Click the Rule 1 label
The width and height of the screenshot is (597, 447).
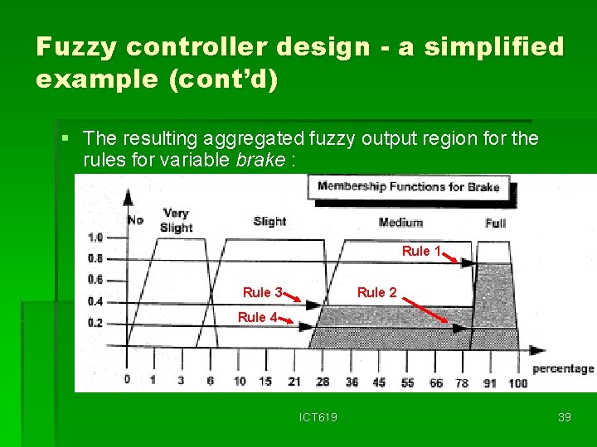[x=421, y=251]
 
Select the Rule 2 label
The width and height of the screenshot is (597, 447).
[x=376, y=292]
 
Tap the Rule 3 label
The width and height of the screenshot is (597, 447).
[x=262, y=292]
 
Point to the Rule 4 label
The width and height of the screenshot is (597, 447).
[x=257, y=317]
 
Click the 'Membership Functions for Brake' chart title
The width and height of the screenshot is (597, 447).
[x=409, y=187]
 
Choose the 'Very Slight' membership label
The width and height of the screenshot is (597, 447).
[x=176, y=220]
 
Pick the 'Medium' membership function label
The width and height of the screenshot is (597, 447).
[x=400, y=223]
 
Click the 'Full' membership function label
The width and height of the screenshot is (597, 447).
[x=495, y=223]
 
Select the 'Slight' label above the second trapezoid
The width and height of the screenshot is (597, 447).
[x=269, y=221]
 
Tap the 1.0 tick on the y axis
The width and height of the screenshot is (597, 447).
[x=95, y=238]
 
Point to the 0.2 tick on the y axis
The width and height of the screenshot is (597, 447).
[x=95, y=323]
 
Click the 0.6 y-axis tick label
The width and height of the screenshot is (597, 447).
[x=95, y=280]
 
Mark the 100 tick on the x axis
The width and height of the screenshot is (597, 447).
[x=517, y=382]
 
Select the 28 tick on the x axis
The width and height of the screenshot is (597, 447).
[x=323, y=382]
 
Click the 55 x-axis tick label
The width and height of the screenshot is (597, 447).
[x=406, y=382]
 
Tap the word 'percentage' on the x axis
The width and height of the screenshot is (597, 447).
[x=563, y=368]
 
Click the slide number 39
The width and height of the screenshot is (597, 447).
[x=565, y=417]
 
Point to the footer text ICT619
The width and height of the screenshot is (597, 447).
[x=318, y=417]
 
